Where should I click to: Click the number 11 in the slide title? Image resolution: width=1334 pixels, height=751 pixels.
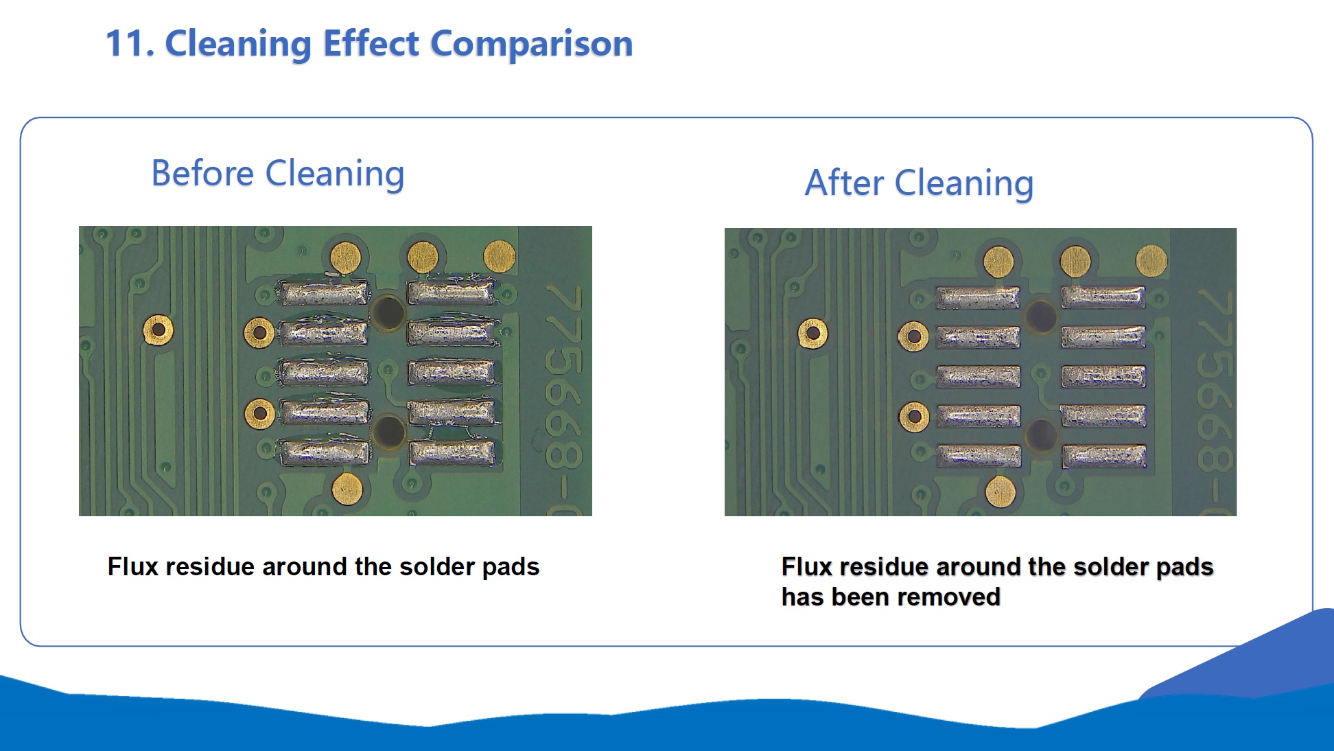pyautogui.click(x=126, y=43)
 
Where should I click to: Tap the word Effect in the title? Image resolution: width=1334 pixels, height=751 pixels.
pyautogui.click(x=371, y=43)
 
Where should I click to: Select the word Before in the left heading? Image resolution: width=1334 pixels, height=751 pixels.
pyautogui.click(x=202, y=173)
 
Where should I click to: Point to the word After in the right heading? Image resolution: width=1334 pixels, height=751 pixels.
pyautogui.click(x=844, y=183)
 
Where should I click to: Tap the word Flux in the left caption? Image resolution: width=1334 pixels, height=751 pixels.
pyautogui.click(x=133, y=566)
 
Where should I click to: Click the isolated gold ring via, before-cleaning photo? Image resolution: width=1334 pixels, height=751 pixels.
pyautogui.click(x=158, y=330)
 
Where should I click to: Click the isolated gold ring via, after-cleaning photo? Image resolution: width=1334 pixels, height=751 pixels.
pyautogui.click(x=812, y=334)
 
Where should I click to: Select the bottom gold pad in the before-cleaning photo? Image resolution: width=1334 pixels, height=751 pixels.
pyautogui.click(x=347, y=488)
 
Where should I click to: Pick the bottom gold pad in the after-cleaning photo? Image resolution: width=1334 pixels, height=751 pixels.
pyautogui.click(x=1000, y=491)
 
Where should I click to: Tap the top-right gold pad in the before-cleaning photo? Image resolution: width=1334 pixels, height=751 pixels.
pyautogui.click(x=500, y=255)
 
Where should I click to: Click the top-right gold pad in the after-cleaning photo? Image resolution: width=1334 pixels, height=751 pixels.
pyautogui.click(x=1151, y=261)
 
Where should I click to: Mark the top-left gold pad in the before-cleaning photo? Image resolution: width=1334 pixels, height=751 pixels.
pyautogui.click(x=346, y=257)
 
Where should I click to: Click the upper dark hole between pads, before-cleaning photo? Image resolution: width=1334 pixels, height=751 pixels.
pyautogui.click(x=388, y=312)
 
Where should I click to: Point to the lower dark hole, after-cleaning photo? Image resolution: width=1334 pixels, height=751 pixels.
pyautogui.click(x=1041, y=435)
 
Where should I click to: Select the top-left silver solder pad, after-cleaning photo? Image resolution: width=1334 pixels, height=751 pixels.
pyautogui.click(x=978, y=298)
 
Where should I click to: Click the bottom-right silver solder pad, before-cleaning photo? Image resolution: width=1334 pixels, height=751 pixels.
pyautogui.click(x=452, y=453)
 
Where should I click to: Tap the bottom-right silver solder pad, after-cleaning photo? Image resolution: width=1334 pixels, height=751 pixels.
pyautogui.click(x=1104, y=456)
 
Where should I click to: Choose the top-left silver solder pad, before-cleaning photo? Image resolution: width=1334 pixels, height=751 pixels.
pyautogui.click(x=324, y=293)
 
